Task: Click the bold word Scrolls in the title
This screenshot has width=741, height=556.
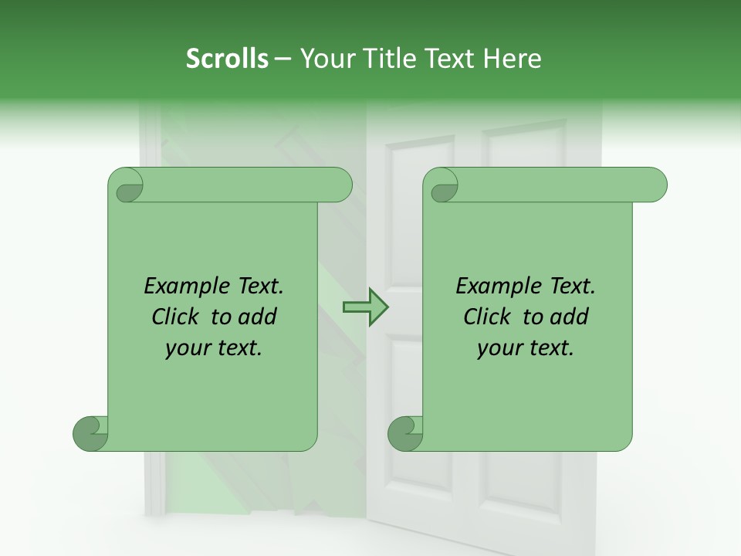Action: pyautogui.click(x=227, y=59)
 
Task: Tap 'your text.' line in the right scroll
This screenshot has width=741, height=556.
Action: pyautogui.click(x=526, y=347)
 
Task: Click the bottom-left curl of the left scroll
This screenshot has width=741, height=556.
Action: pyautogui.click(x=91, y=432)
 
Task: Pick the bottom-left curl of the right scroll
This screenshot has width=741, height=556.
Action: pyautogui.click(x=406, y=432)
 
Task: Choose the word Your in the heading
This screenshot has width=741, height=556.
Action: pyautogui.click(x=324, y=59)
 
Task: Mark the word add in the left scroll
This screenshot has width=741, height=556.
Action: pyautogui.click(x=259, y=317)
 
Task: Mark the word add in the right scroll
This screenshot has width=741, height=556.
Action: pyautogui.click(x=570, y=317)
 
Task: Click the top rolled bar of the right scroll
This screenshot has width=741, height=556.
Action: pyautogui.click(x=556, y=185)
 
